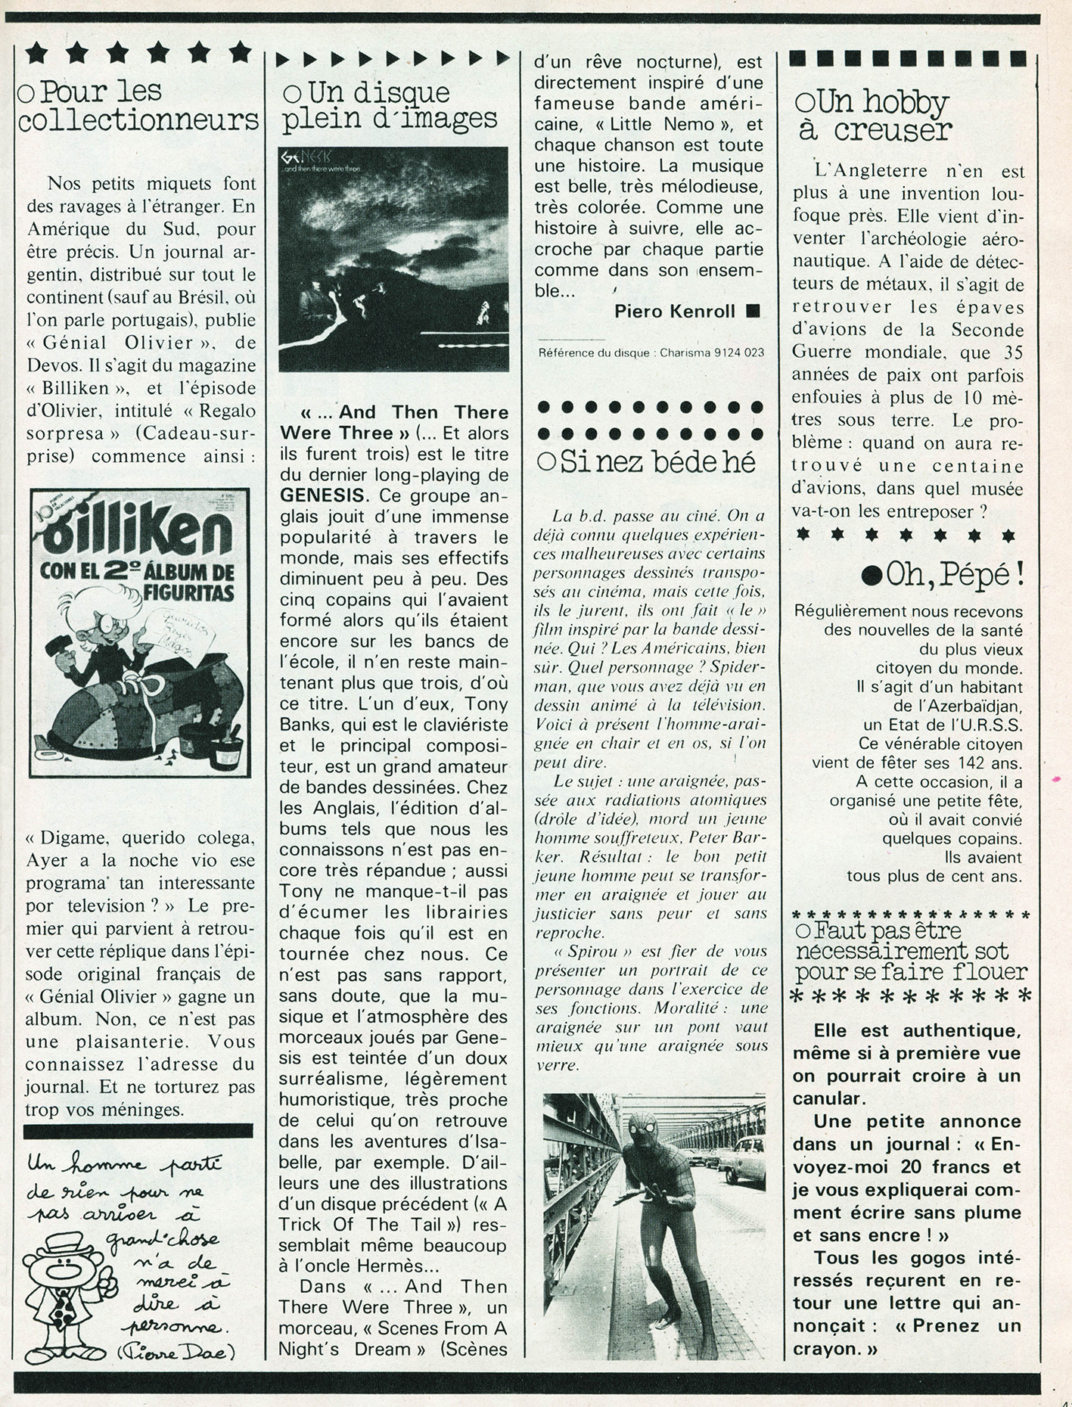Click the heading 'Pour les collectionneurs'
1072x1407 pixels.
tap(138, 106)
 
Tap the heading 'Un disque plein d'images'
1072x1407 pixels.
tap(389, 107)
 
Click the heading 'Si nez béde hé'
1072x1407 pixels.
tap(648, 461)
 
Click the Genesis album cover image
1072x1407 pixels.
tap(393, 258)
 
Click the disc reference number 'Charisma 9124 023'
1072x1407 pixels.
tap(712, 353)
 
